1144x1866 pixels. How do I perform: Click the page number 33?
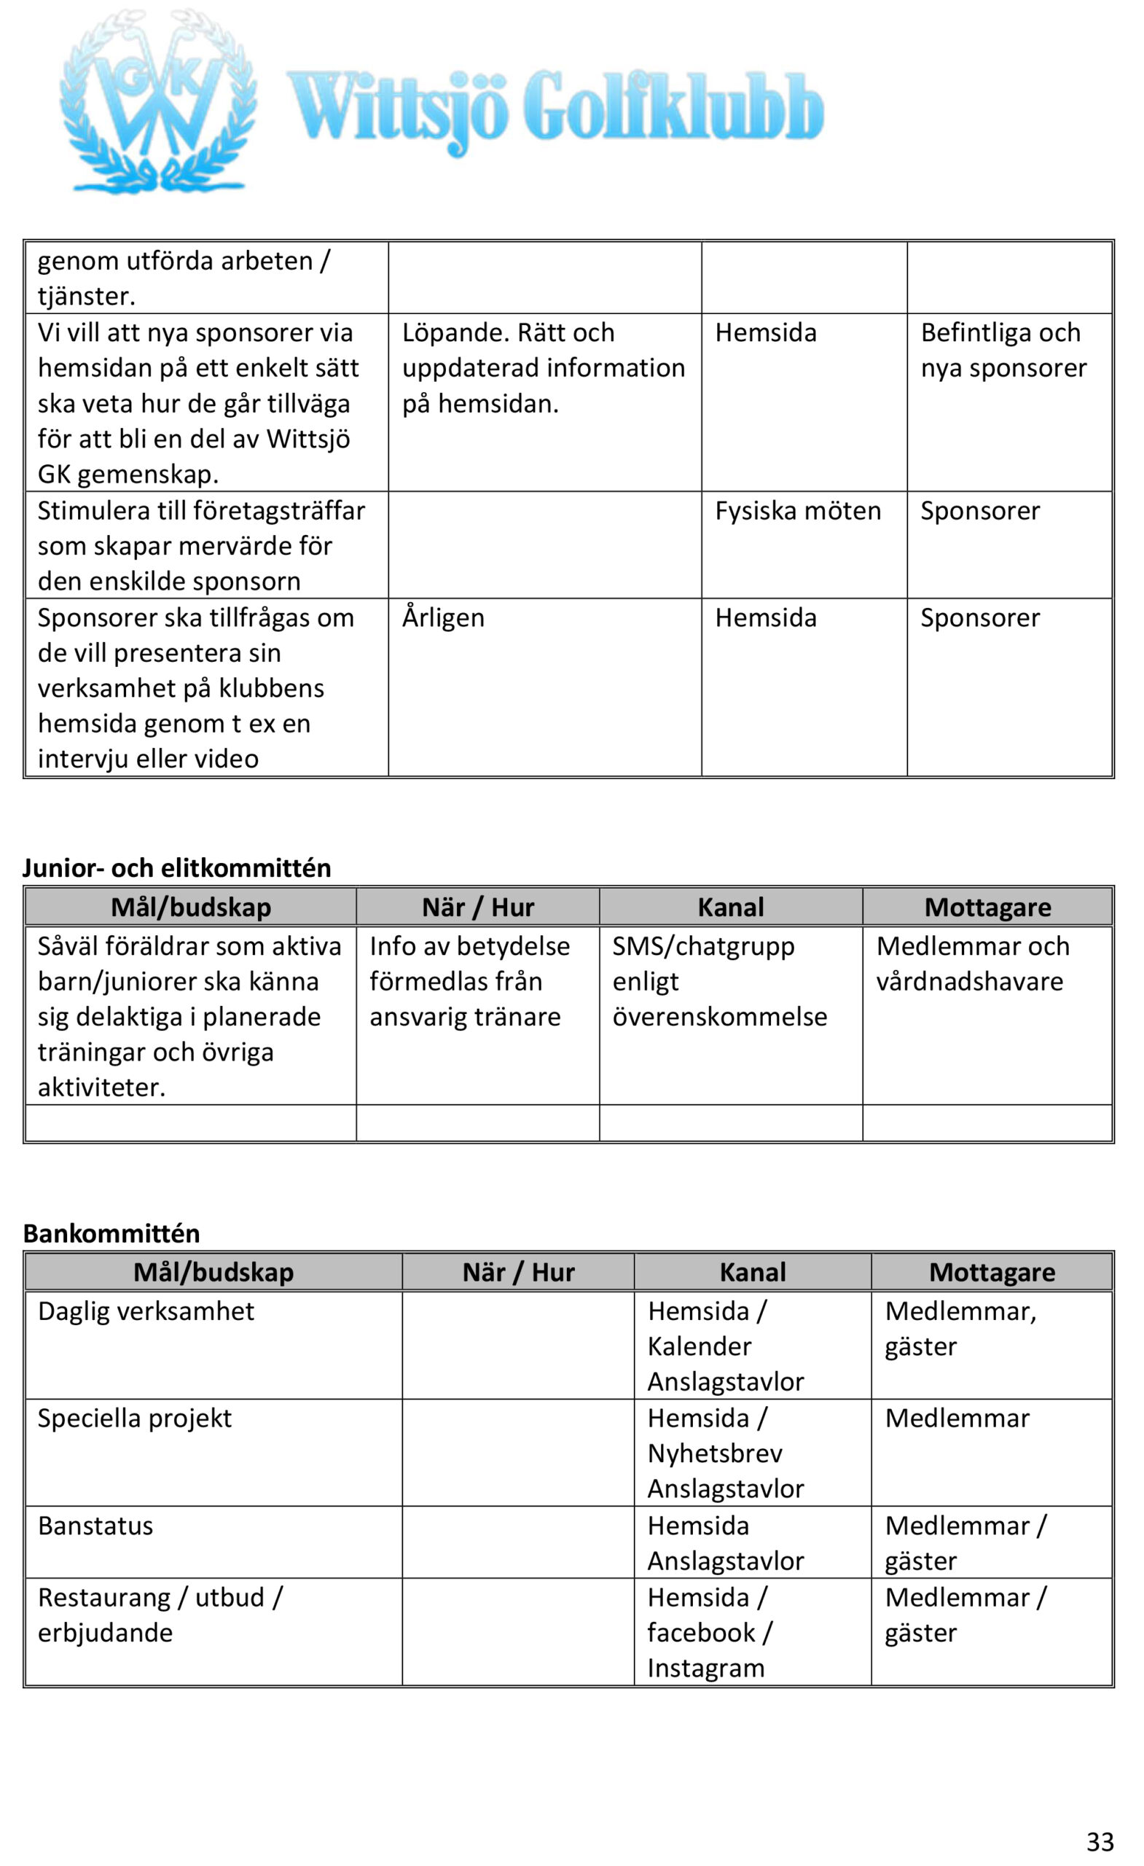[1100, 1840]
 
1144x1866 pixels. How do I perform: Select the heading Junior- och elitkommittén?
[176, 867]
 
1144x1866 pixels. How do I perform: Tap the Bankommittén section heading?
[111, 1233]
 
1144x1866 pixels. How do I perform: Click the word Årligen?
[443, 618]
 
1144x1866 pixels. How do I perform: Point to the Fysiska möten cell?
[797, 511]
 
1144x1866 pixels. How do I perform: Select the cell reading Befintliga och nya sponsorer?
[1003, 351]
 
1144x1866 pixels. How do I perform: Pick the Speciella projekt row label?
[135, 1418]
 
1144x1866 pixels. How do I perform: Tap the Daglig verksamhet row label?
[146, 1311]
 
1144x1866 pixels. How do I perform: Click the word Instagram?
[705, 1668]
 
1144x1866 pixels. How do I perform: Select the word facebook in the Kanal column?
[701, 1633]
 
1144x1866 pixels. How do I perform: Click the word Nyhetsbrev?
[715, 1453]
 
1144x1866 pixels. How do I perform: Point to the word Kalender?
[700, 1346]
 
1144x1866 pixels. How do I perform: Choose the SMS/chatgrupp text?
[703, 946]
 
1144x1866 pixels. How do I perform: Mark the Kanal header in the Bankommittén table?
[752, 1272]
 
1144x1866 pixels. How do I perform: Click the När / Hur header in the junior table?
[478, 907]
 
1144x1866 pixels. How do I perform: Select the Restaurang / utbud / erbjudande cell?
[160, 1615]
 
